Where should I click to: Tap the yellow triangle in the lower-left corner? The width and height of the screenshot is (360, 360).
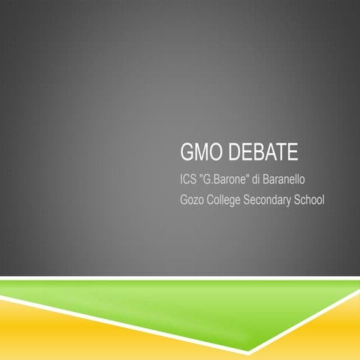(x=45, y=334)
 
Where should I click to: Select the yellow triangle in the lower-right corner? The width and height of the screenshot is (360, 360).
(x=341, y=330)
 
